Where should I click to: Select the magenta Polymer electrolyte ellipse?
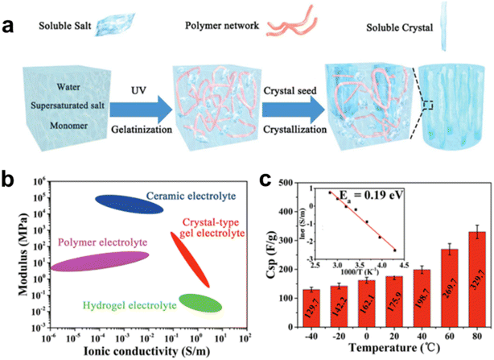(100, 261)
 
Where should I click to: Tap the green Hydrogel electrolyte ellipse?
(200, 302)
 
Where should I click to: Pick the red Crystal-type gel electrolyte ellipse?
(191, 259)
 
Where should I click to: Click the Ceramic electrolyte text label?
(187, 196)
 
